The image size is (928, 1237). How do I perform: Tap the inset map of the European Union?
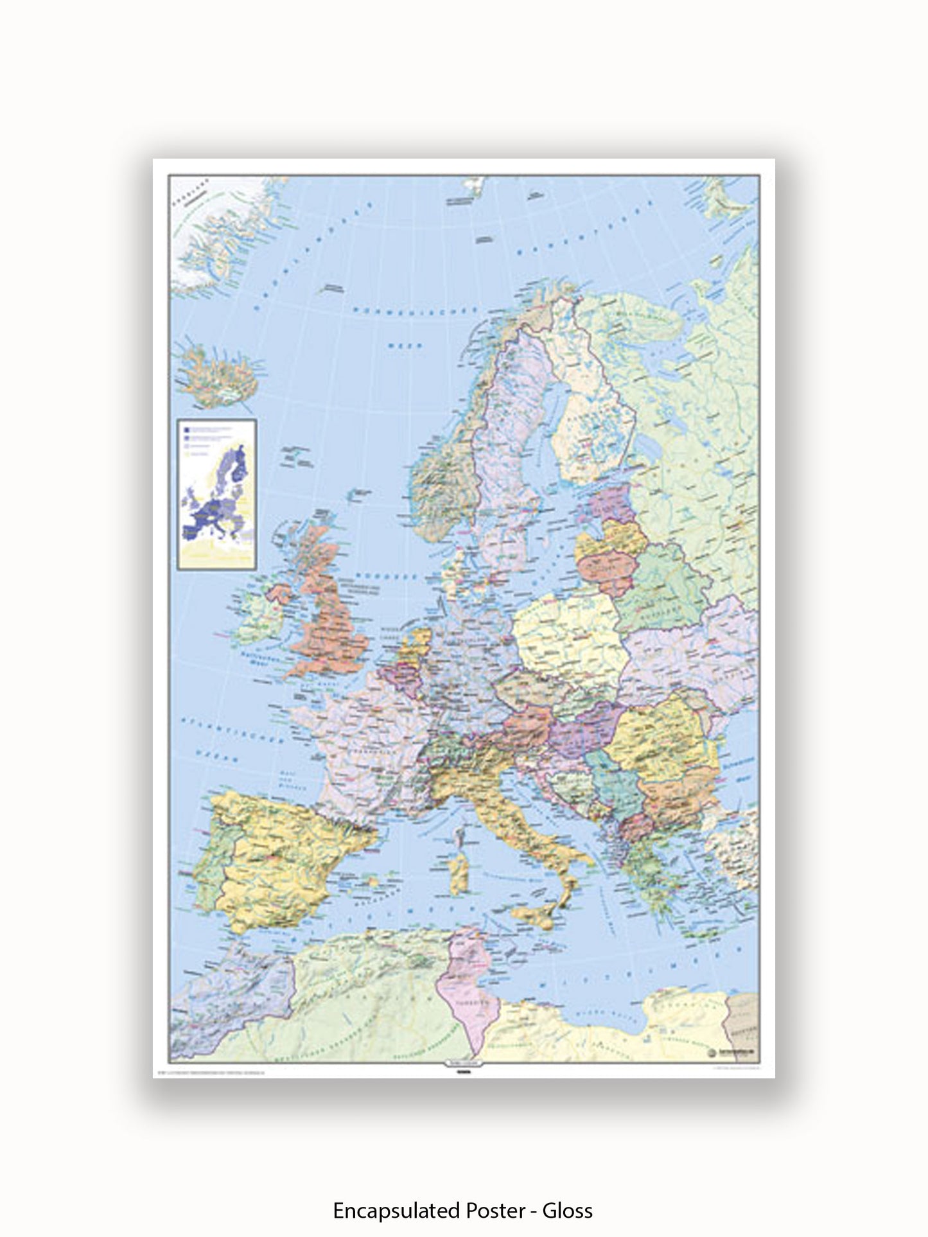tap(216, 493)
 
